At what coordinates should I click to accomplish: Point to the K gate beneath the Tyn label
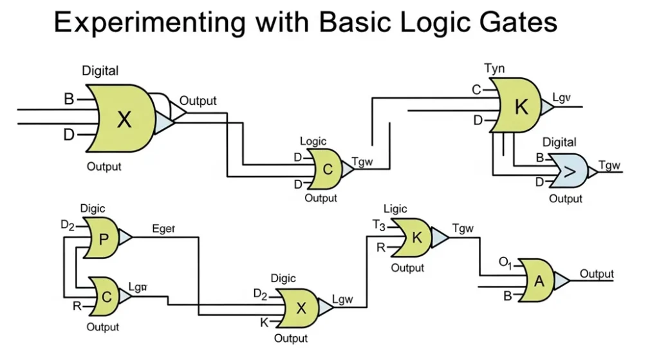coord(519,106)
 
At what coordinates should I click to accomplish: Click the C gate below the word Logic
coord(327,169)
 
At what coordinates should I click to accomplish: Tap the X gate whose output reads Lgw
coord(299,307)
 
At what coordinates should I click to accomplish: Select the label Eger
coord(163,228)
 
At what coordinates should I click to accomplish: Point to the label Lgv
coord(562,99)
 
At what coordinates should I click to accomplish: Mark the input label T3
coord(378,225)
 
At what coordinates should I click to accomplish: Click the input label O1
coord(506,262)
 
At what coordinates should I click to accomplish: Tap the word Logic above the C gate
coord(313,142)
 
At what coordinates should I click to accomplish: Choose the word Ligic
coord(395,209)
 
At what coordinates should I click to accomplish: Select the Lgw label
coord(342,299)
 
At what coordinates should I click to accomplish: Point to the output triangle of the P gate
coord(124,238)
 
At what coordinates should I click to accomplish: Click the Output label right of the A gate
coord(597,274)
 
